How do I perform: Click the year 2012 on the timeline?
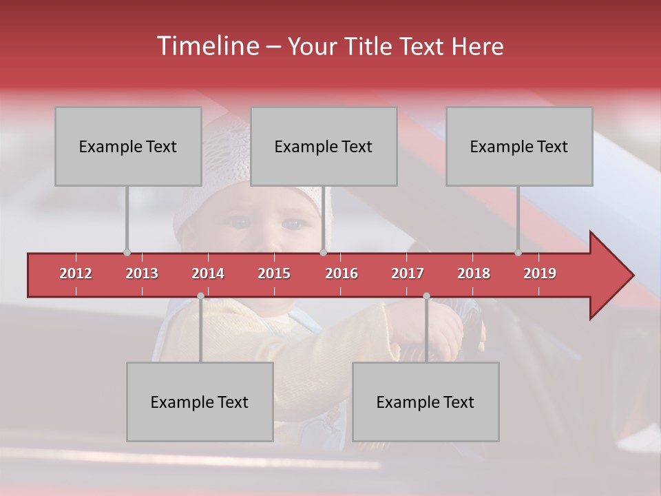(76, 273)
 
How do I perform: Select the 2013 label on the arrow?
(142, 273)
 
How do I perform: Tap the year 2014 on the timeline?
(208, 273)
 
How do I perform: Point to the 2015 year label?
(274, 273)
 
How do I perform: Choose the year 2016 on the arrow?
(342, 273)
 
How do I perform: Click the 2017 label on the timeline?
(408, 273)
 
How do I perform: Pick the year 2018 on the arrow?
(474, 273)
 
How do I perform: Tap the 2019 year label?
(540, 273)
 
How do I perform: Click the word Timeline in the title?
(207, 46)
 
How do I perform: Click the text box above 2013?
(128, 146)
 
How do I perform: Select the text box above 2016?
(324, 146)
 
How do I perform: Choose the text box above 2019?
(519, 146)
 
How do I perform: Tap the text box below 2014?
(200, 402)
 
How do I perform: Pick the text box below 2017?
(426, 402)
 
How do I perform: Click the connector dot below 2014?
(200, 296)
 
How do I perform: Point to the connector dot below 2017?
(426, 296)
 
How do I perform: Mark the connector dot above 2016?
(323, 252)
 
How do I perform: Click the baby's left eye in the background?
(295, 223)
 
